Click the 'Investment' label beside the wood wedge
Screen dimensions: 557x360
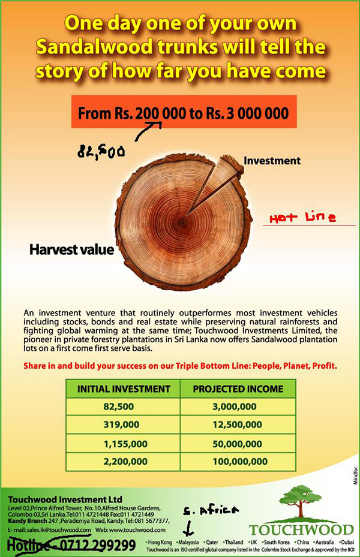tap(271, 161)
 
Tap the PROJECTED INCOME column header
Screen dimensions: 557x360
tap(238, 389)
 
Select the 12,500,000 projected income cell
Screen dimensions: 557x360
tap(238, 425)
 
